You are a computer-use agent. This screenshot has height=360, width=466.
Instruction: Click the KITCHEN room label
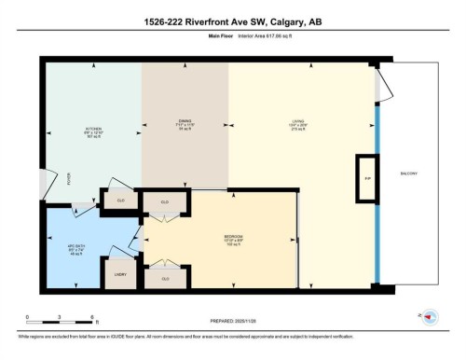(x=93, y=130)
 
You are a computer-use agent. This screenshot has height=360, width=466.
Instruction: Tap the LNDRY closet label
(x=121, y=275)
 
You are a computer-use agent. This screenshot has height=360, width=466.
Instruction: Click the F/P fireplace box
(x=367, y=177)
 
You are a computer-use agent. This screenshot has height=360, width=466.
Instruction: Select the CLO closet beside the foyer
(x=121, y=200)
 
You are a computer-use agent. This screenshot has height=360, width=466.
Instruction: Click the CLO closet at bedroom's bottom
(x=165, y=279)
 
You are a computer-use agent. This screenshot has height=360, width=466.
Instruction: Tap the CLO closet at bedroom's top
(x=165, y=201)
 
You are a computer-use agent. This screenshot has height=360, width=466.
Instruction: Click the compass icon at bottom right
(x=431, y=316)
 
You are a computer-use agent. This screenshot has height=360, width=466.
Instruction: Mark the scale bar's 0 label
(x=27, y=318)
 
